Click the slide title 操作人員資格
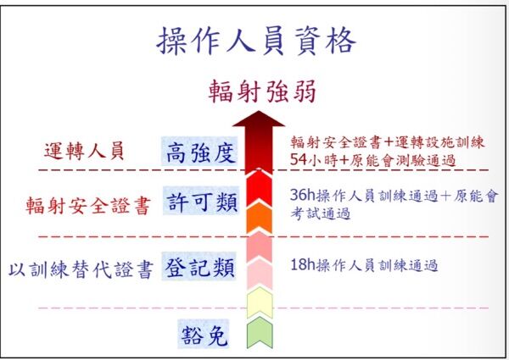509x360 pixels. (x=256, y=42)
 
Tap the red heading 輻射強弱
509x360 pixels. (x=262, y=91)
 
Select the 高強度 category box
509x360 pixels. (x=200, y=152)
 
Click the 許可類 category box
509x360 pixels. (x=201, y=202)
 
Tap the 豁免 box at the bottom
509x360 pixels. (x=204, y=335)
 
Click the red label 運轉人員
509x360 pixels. (x=84, y=151)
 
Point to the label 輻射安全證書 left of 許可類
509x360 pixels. (x=88, y=206)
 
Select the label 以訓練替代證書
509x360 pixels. (x=81, y=269)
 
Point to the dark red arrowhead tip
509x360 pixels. (x=259, y=111)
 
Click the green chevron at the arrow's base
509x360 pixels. (x=260, y=334)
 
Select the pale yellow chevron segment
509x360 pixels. (x=260, y=303)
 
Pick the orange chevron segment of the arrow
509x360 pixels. (x=259, y=218)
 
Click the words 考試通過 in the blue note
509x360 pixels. (x=321, y=213)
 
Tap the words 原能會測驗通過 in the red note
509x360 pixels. (x=402, y=160)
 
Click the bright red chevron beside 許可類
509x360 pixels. (x=259, y=188)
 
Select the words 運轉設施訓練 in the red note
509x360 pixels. (x=439, y=142)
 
